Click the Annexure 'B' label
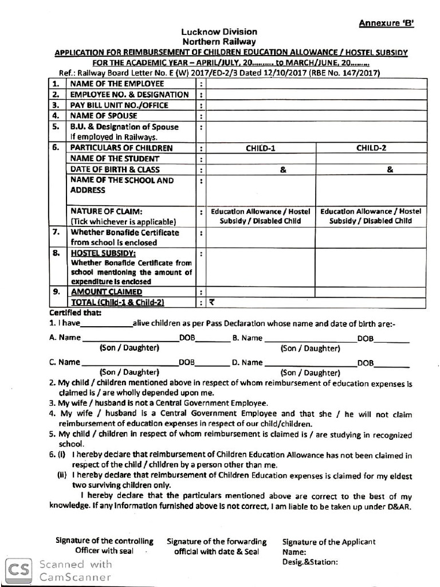click(386, 23)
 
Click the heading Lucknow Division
click(219, 32)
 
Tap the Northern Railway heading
click(219, 42)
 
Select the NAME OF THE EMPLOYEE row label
click(117, 84)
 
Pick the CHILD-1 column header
click(261, 148)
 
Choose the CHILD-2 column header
click(371, 148)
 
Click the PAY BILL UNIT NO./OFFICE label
click(119, 105)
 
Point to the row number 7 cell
click(56, 233)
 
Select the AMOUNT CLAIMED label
click(106, 292)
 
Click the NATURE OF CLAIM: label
click(106, 212)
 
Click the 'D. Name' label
click(247, 362)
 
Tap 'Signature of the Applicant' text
click(329, 541)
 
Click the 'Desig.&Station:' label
click(310, 562)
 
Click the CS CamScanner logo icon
click(19, 569)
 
